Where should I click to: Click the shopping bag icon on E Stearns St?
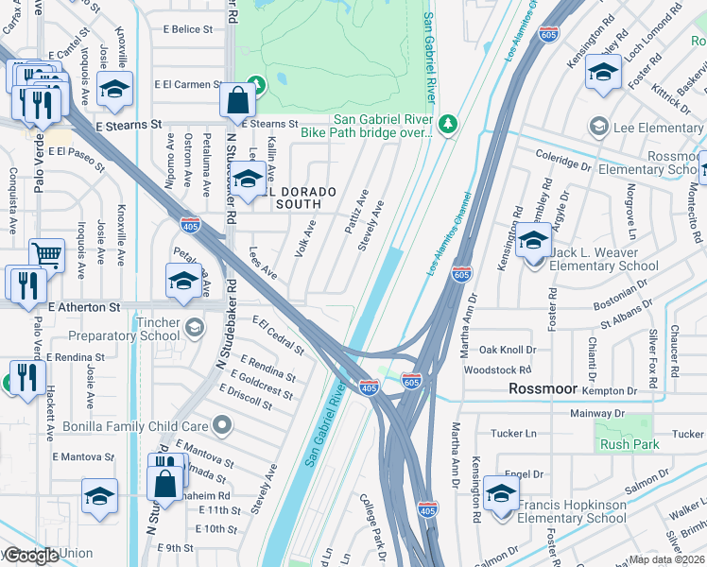pos(235,98)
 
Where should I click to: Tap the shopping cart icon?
pos(46,254)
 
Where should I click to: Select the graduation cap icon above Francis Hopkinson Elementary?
pos(501,492)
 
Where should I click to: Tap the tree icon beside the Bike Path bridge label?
pos(448,124)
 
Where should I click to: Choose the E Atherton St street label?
pos(84,307)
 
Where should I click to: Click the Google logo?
pos(32,556)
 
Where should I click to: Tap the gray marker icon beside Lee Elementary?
pos(597,127)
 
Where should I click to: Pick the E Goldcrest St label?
pos(259,382)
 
